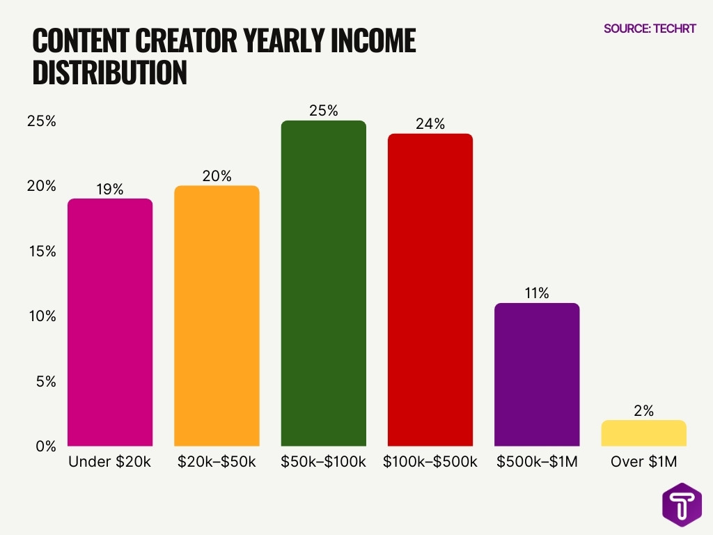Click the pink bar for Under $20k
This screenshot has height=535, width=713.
click(x=110, y=322)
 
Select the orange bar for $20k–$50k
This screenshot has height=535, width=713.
click(x=217, y=316)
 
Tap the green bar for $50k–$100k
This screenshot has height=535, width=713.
click(x=323, y=283)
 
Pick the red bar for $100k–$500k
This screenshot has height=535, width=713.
click(x=430, y=289)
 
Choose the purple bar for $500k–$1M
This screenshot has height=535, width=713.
click(x=537, y=374)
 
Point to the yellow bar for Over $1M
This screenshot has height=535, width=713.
click(x=643, y=433)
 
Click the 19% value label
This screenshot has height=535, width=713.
click(x=110, y=189)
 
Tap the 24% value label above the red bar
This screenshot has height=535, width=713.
click(x=430, y=124)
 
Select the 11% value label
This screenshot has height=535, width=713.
click(x=537, y=293)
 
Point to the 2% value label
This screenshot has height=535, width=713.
click(x=643, y=411)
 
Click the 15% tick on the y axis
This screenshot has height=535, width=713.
click(x=41, y=251)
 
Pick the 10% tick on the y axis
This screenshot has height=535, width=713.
click(x=41, y=316)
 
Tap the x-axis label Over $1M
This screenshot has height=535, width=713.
click(x=643, y=462)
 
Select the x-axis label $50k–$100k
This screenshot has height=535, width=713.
click(x=323, y=462)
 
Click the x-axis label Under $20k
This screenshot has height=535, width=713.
click(x=110, y=462)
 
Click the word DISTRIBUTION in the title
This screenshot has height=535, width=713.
click(x=110, y=73)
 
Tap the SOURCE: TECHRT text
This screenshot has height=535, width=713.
click(x=650, y=29)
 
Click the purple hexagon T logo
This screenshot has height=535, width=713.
click(x=682, y=503)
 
